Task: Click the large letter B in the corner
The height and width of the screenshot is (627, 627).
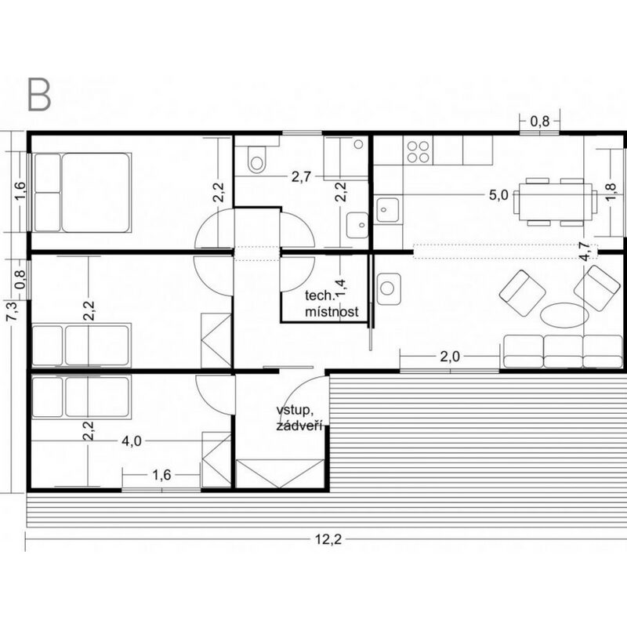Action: (x=39, y=95)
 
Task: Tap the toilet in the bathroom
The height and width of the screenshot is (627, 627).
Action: (x=256, y=159)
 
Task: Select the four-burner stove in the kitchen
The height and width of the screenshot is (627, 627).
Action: (x=418, y=152)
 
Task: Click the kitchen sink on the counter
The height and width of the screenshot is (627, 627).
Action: (x=386, y=209)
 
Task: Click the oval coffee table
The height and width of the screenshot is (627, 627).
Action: (x=564, y=315)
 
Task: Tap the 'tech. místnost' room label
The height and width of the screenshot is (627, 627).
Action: (x=332, y=303)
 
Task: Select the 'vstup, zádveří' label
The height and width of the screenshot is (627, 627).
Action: (x=299, y=419)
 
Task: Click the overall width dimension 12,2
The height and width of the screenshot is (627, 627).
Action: (x=328, y=540)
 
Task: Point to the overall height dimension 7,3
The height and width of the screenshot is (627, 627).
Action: (x=12, y=310)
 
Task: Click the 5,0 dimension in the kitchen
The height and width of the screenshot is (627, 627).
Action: (x=498, y=195)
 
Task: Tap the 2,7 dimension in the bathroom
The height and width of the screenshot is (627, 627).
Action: (x=301, y=177)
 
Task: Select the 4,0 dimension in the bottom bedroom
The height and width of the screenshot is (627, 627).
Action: (x=132, y=441)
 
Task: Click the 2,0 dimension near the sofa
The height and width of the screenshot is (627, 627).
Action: (x=450, y=357)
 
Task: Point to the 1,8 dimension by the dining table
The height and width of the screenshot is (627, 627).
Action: (x=611, y=192)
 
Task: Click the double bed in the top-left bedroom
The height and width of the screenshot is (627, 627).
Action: (x=82, y=192)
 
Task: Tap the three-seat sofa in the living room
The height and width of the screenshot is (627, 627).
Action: (x=563, y=351)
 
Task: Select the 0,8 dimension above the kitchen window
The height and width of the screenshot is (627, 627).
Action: (x=540, y=121)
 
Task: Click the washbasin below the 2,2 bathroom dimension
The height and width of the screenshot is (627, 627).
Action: (x=357, y=225)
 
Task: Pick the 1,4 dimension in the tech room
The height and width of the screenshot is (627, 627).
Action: (x=340, y=288)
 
